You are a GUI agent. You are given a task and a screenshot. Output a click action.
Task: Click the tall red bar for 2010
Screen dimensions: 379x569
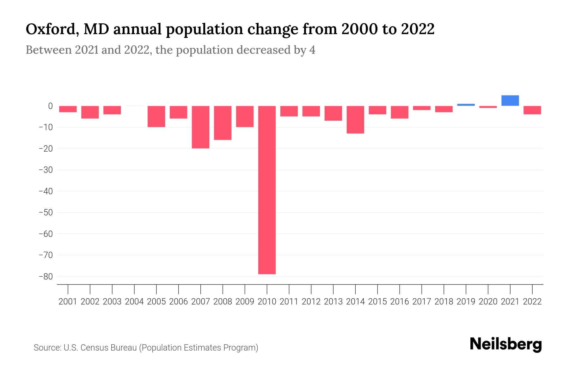267,189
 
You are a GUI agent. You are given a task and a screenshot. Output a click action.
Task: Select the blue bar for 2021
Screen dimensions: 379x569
510,100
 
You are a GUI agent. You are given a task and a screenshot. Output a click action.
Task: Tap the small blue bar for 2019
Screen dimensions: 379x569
466,105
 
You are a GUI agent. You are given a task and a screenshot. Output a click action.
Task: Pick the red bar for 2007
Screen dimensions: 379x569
200,127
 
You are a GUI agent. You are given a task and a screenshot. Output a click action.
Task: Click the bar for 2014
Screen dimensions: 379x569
355,119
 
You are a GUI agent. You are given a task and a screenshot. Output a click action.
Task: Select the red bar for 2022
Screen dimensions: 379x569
532,110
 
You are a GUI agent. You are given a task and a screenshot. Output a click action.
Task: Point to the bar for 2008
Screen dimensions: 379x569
223,123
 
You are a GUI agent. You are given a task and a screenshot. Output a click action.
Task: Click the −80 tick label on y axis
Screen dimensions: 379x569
46,277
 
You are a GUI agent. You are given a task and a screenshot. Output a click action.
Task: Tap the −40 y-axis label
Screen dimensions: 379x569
46,191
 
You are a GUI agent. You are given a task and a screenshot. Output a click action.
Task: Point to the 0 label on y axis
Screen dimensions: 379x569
50,106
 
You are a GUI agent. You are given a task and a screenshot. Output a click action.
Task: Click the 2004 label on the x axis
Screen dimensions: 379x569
134,302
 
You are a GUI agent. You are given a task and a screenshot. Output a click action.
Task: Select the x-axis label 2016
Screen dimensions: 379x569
400,302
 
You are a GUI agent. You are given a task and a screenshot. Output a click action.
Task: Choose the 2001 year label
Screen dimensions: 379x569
68,302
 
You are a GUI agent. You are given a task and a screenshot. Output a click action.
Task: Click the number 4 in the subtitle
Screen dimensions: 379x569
312,50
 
